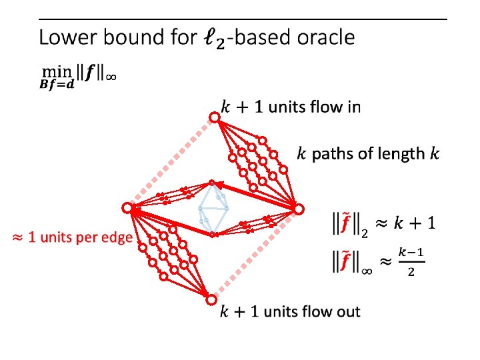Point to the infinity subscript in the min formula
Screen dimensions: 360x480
(x=112, y=75)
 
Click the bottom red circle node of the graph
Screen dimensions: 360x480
(x=211, y=298)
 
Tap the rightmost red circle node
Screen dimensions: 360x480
(x=299, y=209)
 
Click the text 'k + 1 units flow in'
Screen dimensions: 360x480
(x=290, y=107)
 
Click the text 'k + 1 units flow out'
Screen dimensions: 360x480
(x=290, y=311)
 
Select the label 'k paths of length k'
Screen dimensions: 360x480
(x=368, y=154)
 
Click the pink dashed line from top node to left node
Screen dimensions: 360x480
(x=170, y=163)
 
